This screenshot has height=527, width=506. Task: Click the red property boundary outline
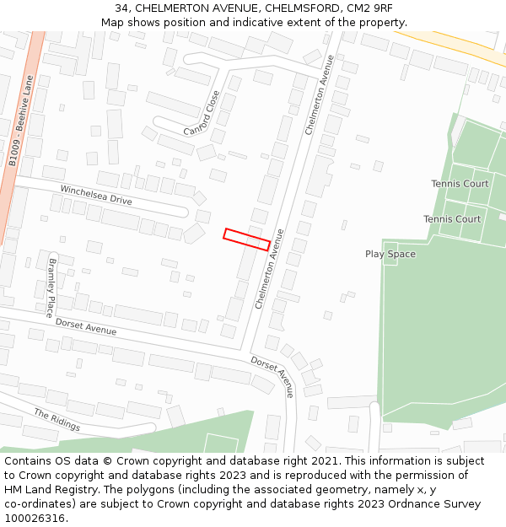246,239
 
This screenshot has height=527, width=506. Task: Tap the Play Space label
390,254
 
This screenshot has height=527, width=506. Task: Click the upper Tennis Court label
460,184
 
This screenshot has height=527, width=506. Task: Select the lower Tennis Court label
452,219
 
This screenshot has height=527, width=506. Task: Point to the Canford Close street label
202,113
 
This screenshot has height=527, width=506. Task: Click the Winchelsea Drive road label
96,195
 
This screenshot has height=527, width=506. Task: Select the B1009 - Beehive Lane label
19,122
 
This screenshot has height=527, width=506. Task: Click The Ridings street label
57,419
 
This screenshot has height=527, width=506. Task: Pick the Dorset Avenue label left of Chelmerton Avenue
86,326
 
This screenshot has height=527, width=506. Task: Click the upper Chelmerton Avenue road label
320,95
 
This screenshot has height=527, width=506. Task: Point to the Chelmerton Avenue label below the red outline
270,268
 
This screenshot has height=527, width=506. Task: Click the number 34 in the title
121,8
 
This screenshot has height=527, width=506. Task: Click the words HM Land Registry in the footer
44,489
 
